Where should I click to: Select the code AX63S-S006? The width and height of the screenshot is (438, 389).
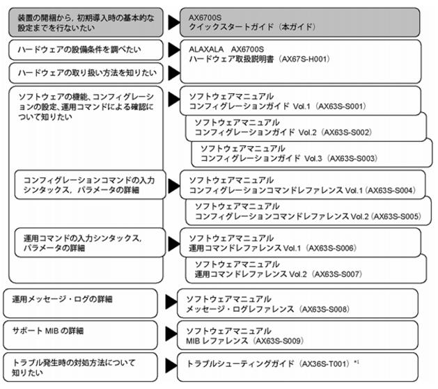tap(331, 248)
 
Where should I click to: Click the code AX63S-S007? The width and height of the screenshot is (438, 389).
tap(337, 274)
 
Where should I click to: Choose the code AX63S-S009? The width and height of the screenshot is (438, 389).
tap(279, 341)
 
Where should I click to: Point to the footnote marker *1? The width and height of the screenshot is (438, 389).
tap(356, 363)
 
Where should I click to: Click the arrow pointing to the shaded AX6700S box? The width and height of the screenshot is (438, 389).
tap(174, 22)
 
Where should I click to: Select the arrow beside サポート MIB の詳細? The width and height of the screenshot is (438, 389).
tap(171, 334)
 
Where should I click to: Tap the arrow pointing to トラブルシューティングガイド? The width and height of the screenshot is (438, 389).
tap(171, 365)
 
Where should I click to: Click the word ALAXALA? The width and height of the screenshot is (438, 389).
tap(206, 49)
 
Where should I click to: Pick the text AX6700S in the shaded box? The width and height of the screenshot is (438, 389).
tap(205, 17)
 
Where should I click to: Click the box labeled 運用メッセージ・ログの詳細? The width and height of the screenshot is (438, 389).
tap(81, 303)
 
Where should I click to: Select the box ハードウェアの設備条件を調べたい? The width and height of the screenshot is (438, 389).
tap(86, 50)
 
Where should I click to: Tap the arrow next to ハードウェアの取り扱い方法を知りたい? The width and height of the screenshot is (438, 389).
tap(174, 73)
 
